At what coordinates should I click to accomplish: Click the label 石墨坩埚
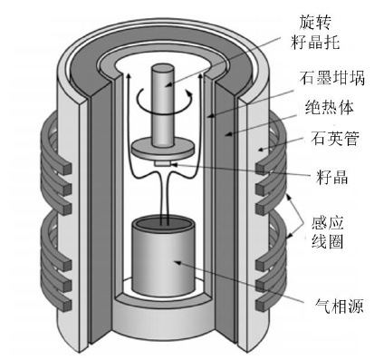pos(332,78)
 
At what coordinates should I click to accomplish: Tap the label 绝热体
pos(330,107)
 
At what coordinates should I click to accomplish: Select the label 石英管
pos(335,139)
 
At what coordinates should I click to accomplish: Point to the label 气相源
pos(339,306)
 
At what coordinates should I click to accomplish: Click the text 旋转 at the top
pos(315,22)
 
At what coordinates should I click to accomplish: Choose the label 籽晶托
pos(315,42)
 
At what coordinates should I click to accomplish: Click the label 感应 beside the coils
pos(328,223)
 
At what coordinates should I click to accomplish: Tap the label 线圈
pos(328,241)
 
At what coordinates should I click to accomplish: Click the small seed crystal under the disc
pos(163,164)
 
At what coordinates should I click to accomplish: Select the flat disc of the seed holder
pos(163,148)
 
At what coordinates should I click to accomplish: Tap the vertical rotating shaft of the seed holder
pos(163,104)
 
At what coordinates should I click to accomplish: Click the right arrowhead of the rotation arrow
pos(189,93)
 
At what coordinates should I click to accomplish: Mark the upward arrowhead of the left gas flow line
pos(129,76)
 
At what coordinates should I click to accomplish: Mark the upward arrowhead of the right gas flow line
pos(199,76)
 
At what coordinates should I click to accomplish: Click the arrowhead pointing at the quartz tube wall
pos(262,149)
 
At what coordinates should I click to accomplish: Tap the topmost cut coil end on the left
pos(67,169)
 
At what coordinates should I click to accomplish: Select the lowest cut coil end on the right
pos(260,306)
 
